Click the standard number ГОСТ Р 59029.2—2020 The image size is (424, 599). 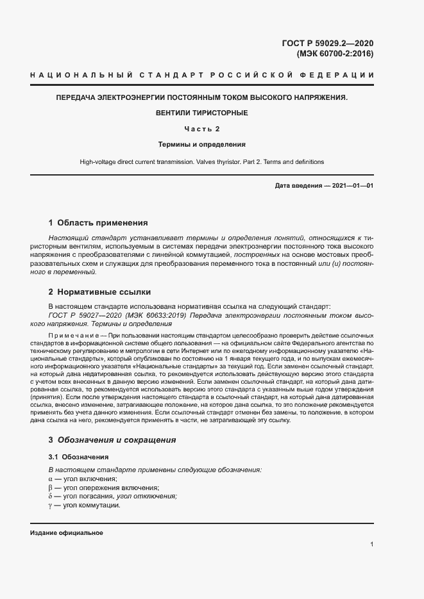click(x=327, y=44)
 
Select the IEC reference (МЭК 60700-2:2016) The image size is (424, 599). click(x=334, y=54)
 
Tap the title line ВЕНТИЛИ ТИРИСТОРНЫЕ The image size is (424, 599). click(x=201, y=113)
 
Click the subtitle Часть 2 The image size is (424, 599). click(x=201, y=129)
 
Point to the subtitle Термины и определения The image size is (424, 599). click(x=201, y=145)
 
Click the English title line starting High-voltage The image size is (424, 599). click(x=201, y=161)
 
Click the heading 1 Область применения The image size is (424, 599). click(x=98, y=223)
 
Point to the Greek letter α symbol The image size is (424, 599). click(x=51, y=479)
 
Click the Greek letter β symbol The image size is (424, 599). click(x=51, y=488)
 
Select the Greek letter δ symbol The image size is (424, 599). click(x=51, y=496)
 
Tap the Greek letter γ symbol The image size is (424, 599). click(x=51, y=505)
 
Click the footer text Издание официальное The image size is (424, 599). click(x=66, y=533)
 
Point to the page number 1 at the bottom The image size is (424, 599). click(x=372, y=545)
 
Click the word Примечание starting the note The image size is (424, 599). click(x=71, y=336)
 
